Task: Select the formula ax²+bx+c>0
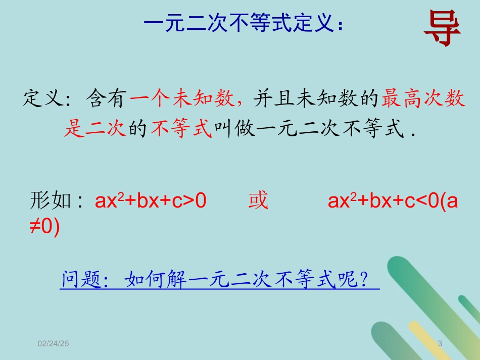151,201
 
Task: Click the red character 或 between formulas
258,201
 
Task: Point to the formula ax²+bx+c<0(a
393,201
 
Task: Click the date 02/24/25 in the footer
54,343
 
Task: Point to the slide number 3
440,343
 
